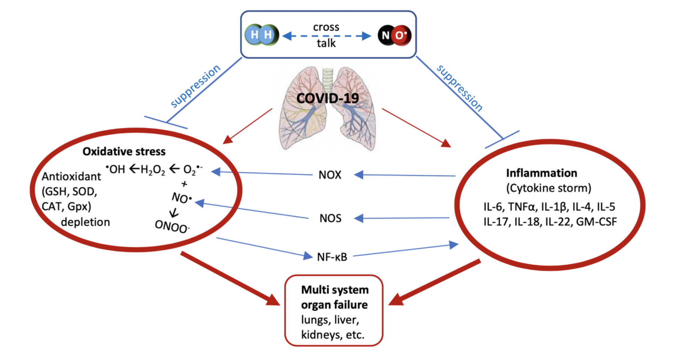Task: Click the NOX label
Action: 330,175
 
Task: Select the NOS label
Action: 330,218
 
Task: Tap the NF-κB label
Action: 332,257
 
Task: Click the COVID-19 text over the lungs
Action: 328,98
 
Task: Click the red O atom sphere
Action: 401,35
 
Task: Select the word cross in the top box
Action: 326,27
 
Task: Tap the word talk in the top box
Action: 326,43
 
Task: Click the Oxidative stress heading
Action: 124,151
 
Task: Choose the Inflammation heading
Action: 541,173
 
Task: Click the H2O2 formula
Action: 153,170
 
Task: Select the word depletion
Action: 85,222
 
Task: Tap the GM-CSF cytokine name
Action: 596,221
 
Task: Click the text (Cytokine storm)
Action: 549,188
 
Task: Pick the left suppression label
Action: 195,86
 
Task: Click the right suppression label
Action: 460,88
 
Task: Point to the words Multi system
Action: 335,290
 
